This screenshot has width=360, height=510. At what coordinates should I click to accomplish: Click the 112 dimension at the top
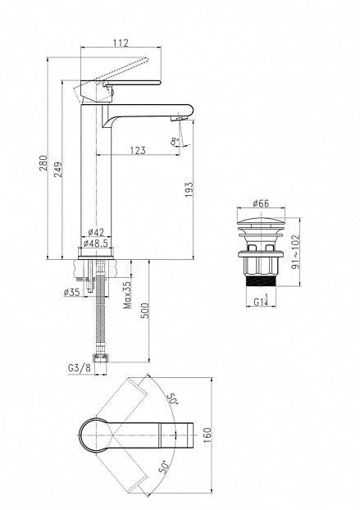121,43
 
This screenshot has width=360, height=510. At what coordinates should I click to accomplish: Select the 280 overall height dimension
43,162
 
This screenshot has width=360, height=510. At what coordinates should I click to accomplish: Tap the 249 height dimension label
58,169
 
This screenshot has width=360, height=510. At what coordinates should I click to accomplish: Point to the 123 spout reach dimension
138,151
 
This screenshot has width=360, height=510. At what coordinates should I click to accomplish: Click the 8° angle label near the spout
175,141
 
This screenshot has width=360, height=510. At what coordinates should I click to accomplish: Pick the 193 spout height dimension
189,189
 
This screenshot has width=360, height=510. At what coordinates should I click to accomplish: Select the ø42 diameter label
96,232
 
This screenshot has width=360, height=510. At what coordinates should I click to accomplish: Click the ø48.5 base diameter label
96,243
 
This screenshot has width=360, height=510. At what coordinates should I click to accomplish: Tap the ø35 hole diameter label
72,292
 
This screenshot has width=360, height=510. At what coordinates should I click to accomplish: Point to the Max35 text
127,294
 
